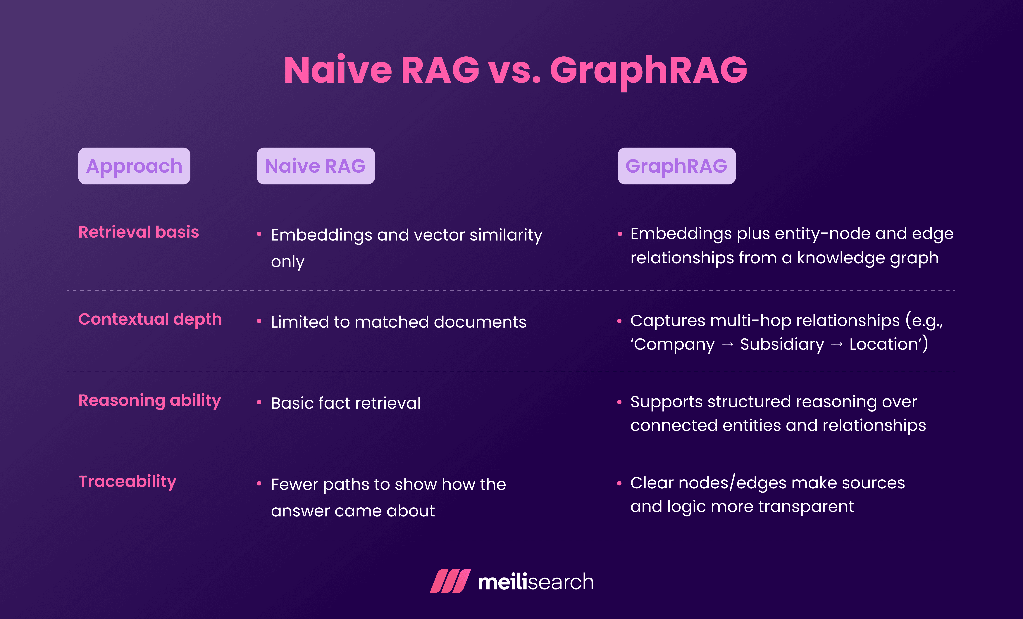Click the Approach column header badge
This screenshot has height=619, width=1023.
tap(134, 166)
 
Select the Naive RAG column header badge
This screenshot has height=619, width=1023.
tap(316, 166)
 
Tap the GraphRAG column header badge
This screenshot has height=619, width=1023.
tap(676, 166)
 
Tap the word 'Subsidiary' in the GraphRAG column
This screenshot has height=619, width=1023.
tap(782, 344)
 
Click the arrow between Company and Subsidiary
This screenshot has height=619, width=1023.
tap(727, 344)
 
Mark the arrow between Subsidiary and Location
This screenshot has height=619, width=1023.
tap(837, 344)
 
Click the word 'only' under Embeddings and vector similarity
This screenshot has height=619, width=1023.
tap(287, 262)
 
